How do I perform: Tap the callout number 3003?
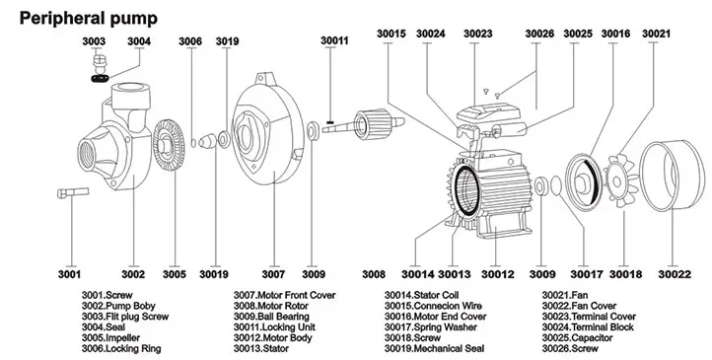click(x=94, y=41)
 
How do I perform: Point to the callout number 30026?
click(x=539, y=34)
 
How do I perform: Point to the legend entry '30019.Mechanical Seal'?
click(x=432, y=348)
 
